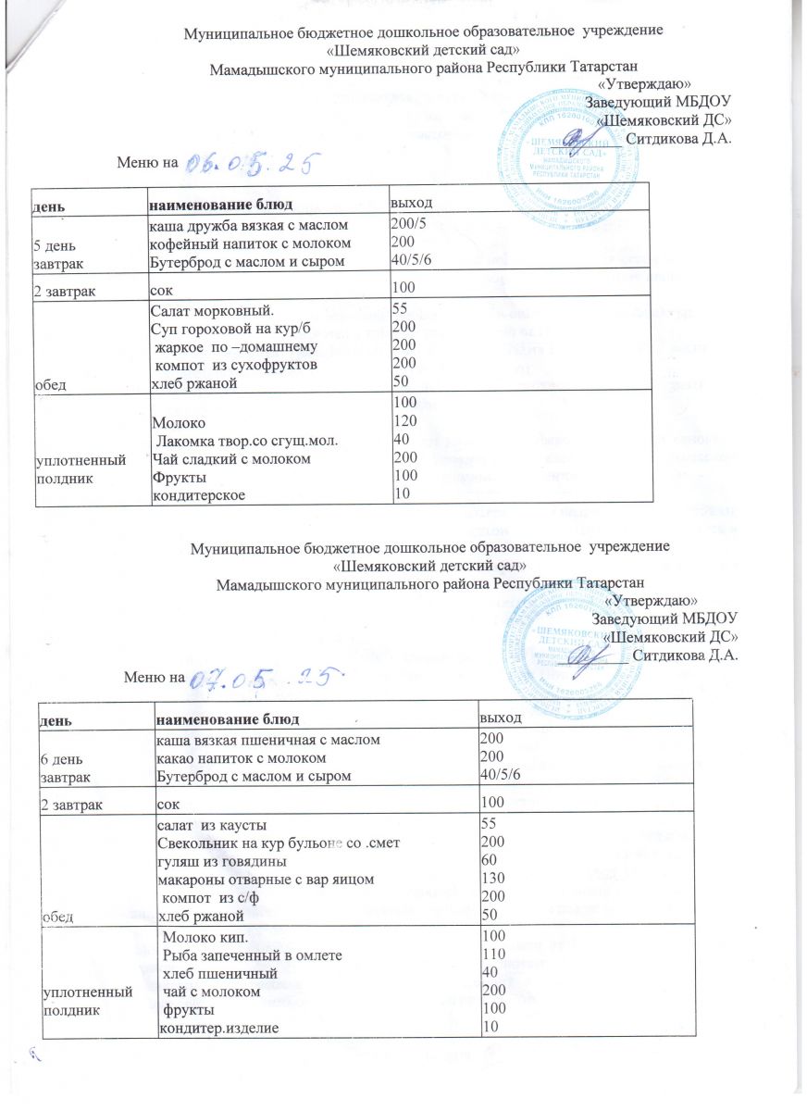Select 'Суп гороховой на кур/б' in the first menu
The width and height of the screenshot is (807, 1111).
[x=216, y=328]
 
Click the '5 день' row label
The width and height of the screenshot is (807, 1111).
[x=60, y=246]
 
